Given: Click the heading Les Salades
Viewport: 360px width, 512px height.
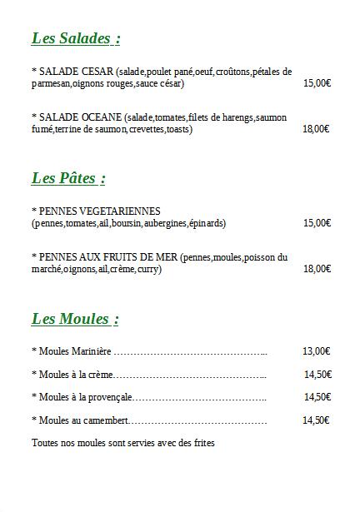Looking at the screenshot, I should (x=75, y=38).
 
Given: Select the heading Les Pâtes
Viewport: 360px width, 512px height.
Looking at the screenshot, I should (x=68, y=178).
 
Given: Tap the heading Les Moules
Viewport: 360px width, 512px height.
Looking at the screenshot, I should (x=75, y=319).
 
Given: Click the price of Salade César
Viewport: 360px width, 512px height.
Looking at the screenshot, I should (x=317, y=83).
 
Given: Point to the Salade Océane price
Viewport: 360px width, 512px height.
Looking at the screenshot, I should (x=316, y=129).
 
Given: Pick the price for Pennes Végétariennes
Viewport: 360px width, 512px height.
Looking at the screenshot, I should (x=317, y=223).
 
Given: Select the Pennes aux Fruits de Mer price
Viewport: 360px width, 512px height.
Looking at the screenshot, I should (x=317, y=269).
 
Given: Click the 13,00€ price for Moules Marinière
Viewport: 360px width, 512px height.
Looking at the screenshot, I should (x=317, y=351).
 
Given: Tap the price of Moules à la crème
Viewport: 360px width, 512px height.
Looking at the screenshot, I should (x=317, y=375).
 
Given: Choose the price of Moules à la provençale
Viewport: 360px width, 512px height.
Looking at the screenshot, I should (x=317, y=397).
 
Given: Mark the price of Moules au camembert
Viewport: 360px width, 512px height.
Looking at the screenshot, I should (x=317, y=420).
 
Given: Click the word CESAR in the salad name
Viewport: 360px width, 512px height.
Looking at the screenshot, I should (x=98, y=72).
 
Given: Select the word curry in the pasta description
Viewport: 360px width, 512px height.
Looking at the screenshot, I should (x=147, y=269).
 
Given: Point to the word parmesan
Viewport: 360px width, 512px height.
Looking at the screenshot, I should (x=51, y=83).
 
